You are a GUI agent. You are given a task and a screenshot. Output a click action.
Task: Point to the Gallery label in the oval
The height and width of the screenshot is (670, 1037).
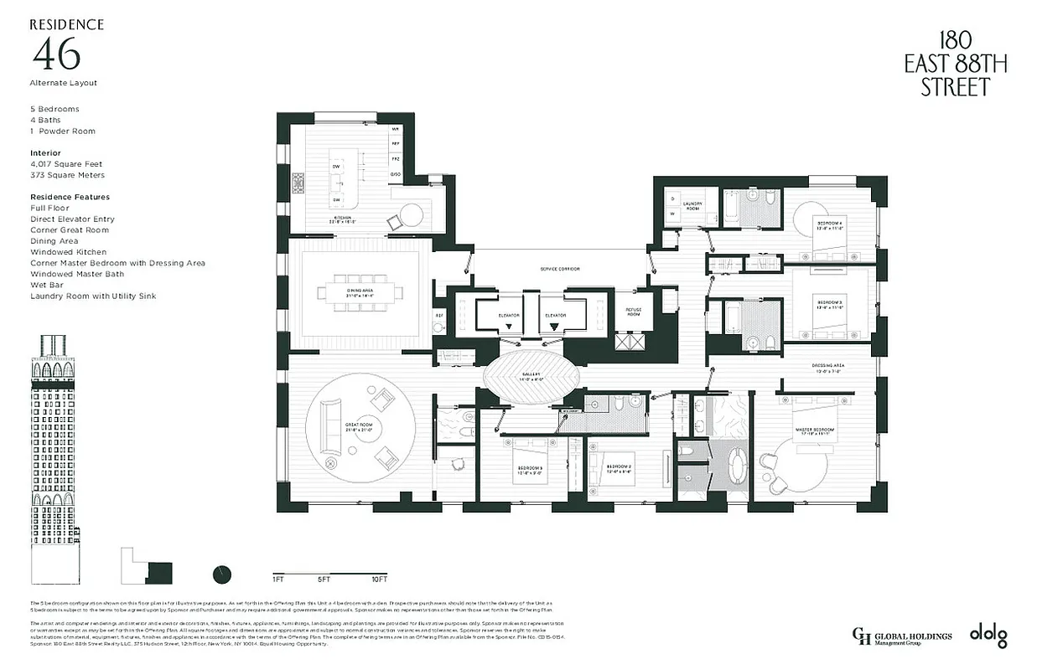pyautogui.click(x=530, y=376)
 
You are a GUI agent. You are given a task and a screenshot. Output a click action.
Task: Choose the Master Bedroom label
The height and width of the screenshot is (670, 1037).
pyautogui.click(x=812, y=432)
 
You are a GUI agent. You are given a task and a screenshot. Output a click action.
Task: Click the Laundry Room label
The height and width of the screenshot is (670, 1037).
pyautogui.click(x=692, y=205)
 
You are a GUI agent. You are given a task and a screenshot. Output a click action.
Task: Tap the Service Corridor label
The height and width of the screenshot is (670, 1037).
pyautogui.click(x=558, y=269)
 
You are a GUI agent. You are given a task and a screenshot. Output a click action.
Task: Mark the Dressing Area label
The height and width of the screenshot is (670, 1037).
pyautogui.click(x=827, y=368)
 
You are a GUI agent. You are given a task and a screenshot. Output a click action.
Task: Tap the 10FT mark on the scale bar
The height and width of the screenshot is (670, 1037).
pyautogui.click(x=379, y=579)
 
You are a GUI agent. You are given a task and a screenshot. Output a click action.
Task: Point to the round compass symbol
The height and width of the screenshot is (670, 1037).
pyautogui.click(x=222, y=575)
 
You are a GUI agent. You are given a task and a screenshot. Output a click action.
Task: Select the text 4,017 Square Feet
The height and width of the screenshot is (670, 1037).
pyautogui.click(x=66, y=164)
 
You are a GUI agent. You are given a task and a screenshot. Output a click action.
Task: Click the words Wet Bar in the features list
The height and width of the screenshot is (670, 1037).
pyautogui.click(x=46, y=285)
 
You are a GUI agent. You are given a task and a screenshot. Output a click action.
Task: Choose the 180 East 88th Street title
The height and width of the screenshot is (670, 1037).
pyautogui.click(x=955, y=64)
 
